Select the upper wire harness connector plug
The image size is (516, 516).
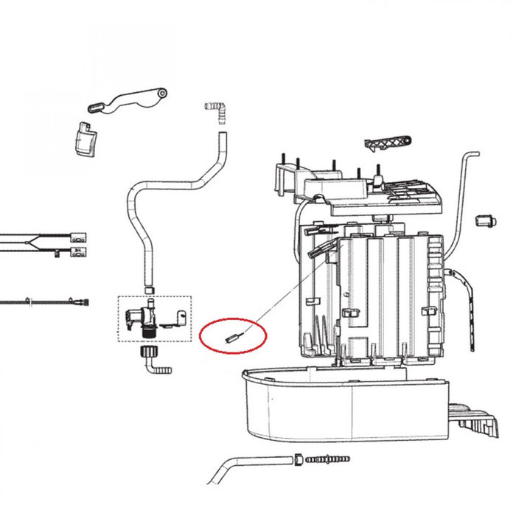pos(78,238)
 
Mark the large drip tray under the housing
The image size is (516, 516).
pos(346,405)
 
